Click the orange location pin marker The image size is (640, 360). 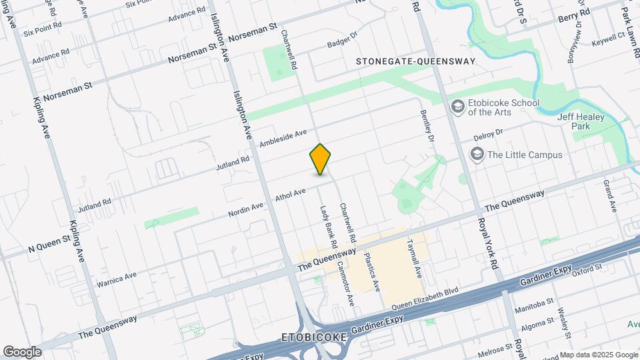(321, 159)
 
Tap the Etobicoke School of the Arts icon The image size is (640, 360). (458, 107)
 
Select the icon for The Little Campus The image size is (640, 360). (477, 155)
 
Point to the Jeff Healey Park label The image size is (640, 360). (578, 120)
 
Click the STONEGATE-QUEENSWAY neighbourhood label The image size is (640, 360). (416, 61)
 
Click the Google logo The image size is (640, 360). (22, 351)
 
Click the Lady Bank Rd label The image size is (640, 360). (325, 223)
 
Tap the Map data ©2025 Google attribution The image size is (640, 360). (598, 355)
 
